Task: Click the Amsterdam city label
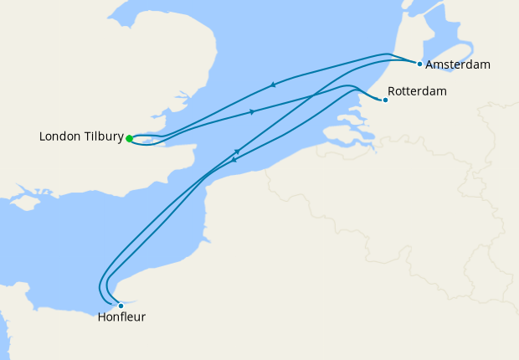pyautogui.click(x=457, y=64)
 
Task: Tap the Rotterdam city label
pyautogui.click(x=417, y=91)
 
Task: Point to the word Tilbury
pyautogui.click(x=104, y=136)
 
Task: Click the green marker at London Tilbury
pyautogui.click(x=129, y=139)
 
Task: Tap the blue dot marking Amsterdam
pyautogui.click(x=419, y=64)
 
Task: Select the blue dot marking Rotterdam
pyautogui.click(x=385, y=100)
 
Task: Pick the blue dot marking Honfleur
pyautogui.click(x=121, y=306)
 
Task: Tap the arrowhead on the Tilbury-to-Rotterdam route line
pyautogui.click(x=252, y=111)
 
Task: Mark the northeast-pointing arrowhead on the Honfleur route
pyautogui.click(x=238, y=152)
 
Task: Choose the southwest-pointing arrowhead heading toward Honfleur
pyautogui.click(x=233, y=160)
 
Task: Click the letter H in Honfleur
pyautogui.click(x=102, y=317)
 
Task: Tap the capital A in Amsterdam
pyautogui.click(x=430, y=64)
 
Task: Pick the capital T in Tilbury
pyautogui.click(x=88, y=136)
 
